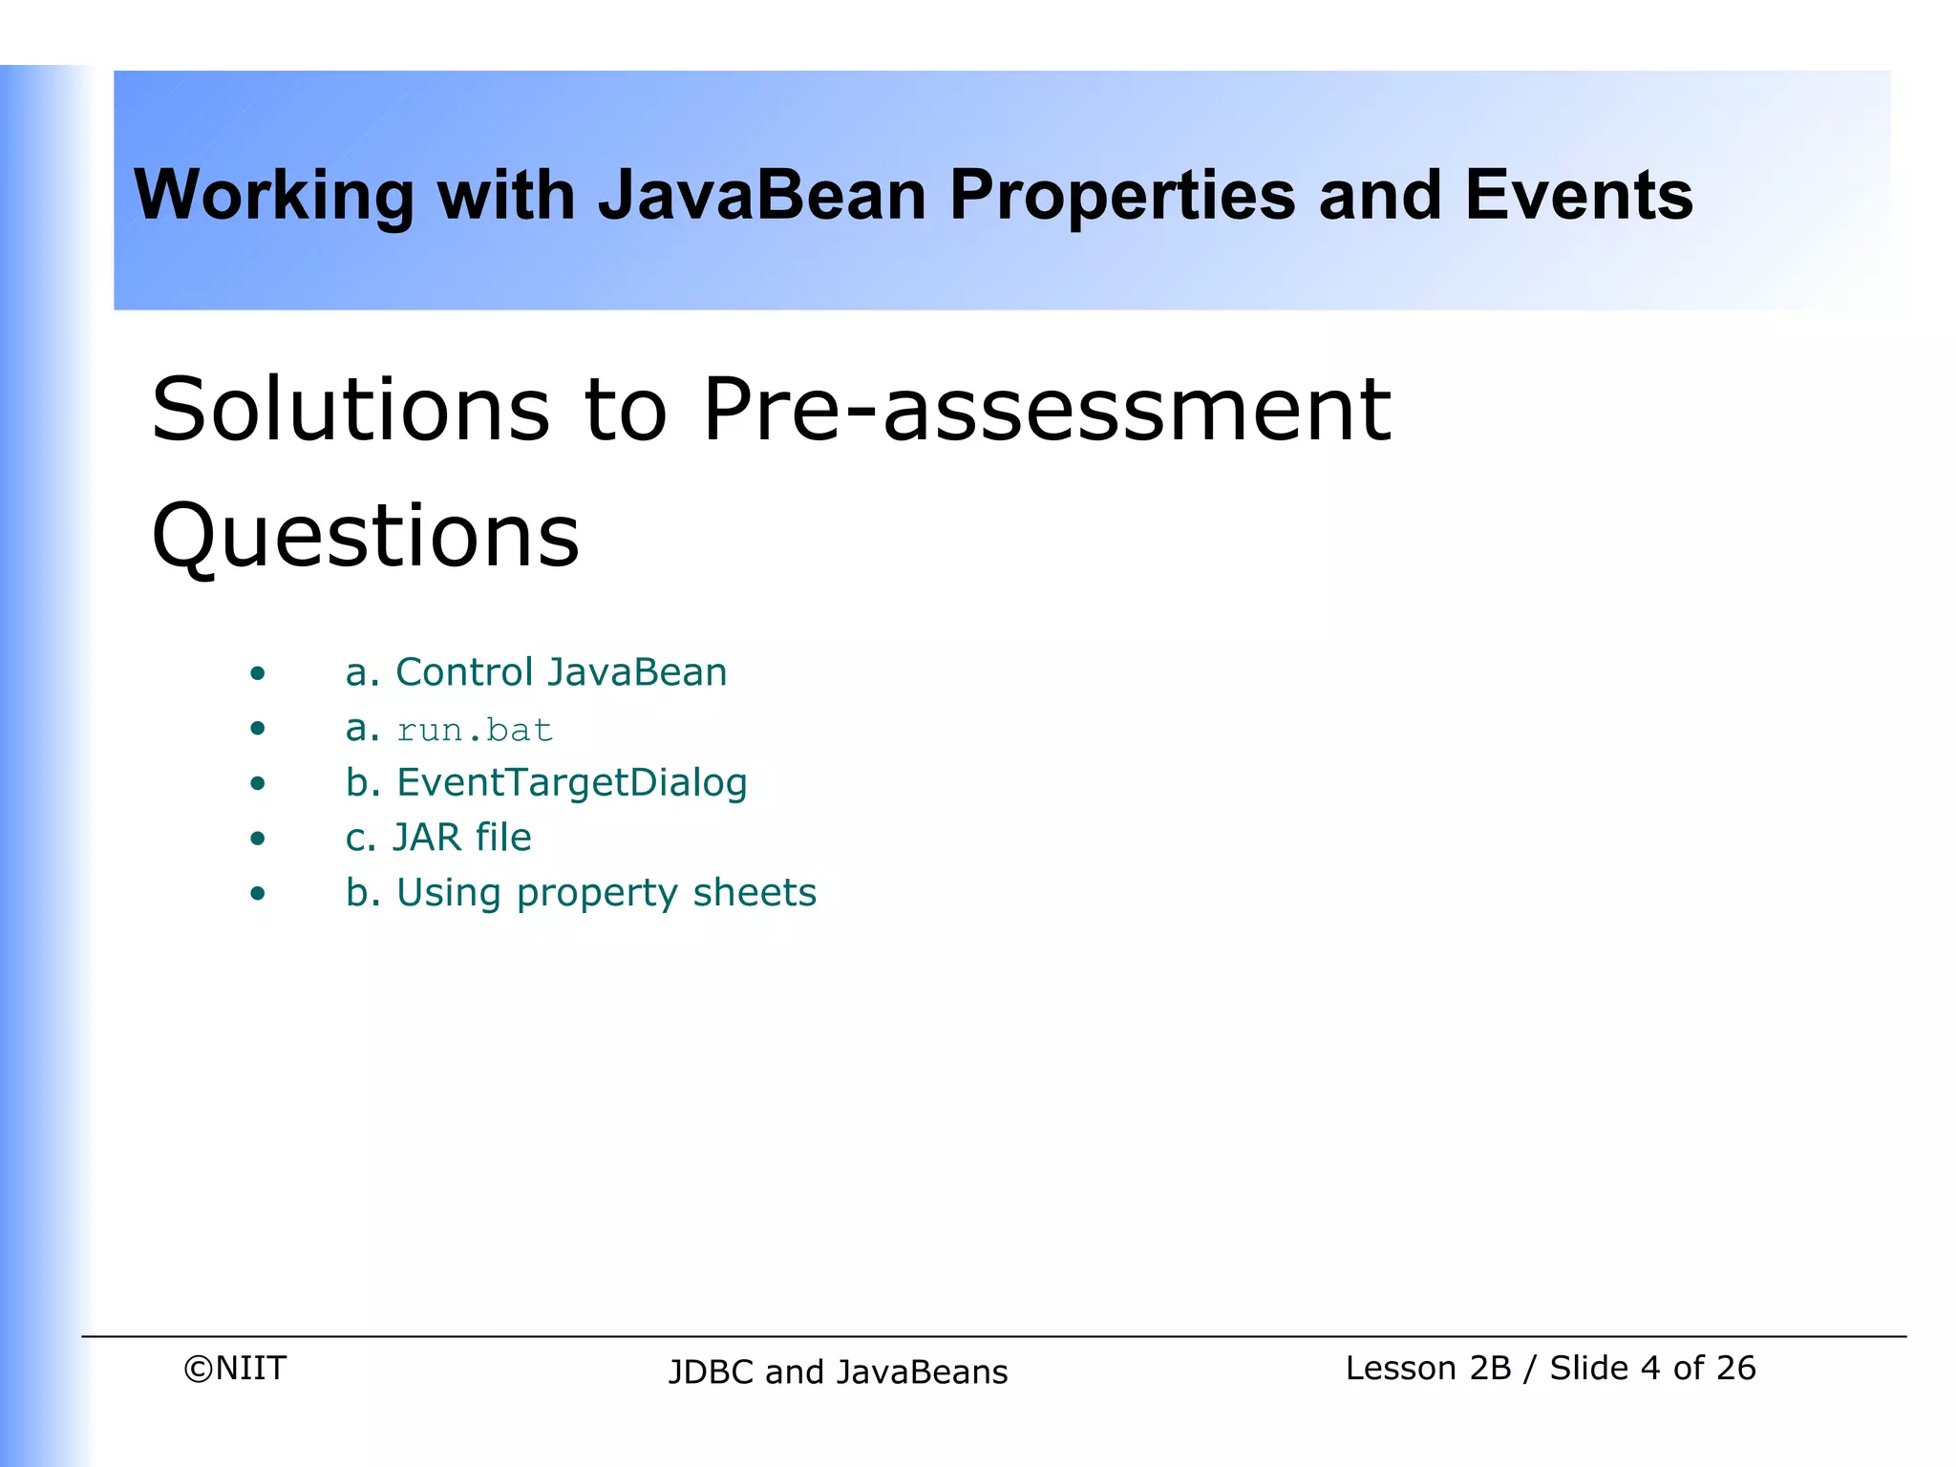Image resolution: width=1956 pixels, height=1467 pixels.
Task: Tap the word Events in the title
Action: tap(1578, 195)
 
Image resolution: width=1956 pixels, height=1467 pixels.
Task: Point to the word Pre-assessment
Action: tap(1047, 410)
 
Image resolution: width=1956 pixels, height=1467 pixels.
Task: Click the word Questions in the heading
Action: tap(365, 536)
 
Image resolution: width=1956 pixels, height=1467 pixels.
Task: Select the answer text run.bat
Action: tap(475, 731)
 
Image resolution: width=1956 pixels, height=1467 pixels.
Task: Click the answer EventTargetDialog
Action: tap(571, 783)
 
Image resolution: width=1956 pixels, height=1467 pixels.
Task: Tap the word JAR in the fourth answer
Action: tap(427, 838)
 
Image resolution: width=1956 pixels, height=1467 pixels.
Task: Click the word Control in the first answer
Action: tap(464, 672)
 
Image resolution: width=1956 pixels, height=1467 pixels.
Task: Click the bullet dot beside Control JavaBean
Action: tap(257, 674)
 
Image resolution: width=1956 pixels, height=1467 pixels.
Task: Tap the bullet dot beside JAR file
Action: tap(257, 840)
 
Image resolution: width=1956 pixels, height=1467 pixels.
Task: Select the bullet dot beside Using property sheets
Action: tap(257, 894)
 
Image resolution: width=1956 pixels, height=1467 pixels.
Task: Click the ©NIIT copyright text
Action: tap(235, 1368)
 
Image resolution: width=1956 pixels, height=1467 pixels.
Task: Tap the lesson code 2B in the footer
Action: tap(1490, 1368)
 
